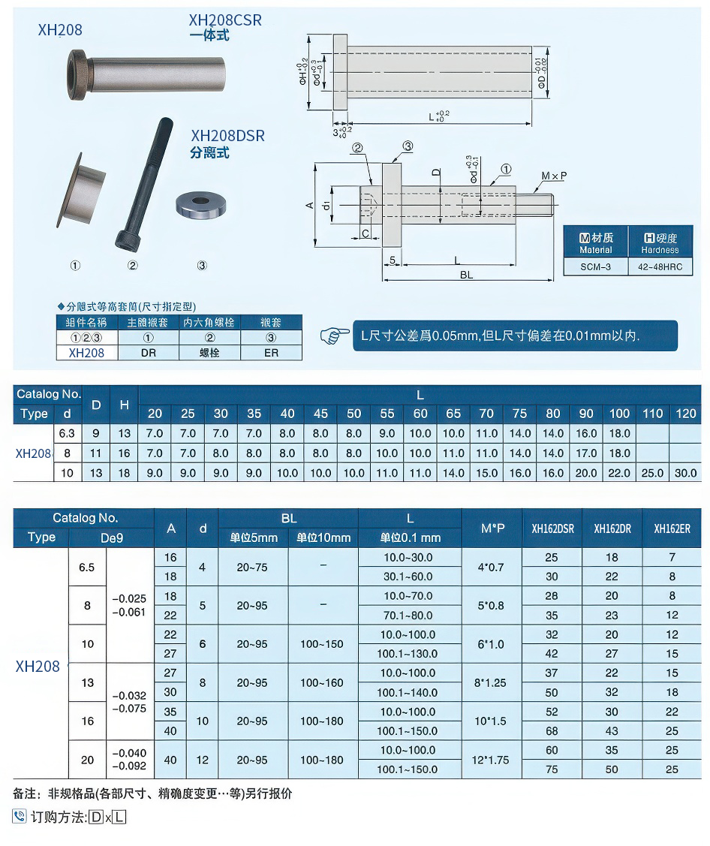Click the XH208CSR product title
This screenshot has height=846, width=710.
(x=225, y=21)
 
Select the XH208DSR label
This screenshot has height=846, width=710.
(x=227, y=136)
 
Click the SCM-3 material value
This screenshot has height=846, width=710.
(x=596, y=266)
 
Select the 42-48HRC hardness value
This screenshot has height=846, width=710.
(x=660, y=266)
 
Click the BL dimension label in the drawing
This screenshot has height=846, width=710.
(x=466, y=275)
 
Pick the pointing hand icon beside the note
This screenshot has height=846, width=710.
(x=335, y=336)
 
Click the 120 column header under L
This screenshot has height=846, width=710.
(x=686, y=414)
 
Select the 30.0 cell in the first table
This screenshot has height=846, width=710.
(x=686, y=473)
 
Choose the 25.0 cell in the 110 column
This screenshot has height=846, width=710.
(x=653, y=473)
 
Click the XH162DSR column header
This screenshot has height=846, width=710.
(x=552, y=528)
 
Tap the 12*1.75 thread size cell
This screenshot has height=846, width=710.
(x=492, y=760)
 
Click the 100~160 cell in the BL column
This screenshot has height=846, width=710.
(x=323, y=683)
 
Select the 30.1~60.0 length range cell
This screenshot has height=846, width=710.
(x=409, y=577)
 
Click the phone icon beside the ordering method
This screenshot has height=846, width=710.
(x=20, y=817)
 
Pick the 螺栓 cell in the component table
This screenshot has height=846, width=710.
(x=209, y=352)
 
